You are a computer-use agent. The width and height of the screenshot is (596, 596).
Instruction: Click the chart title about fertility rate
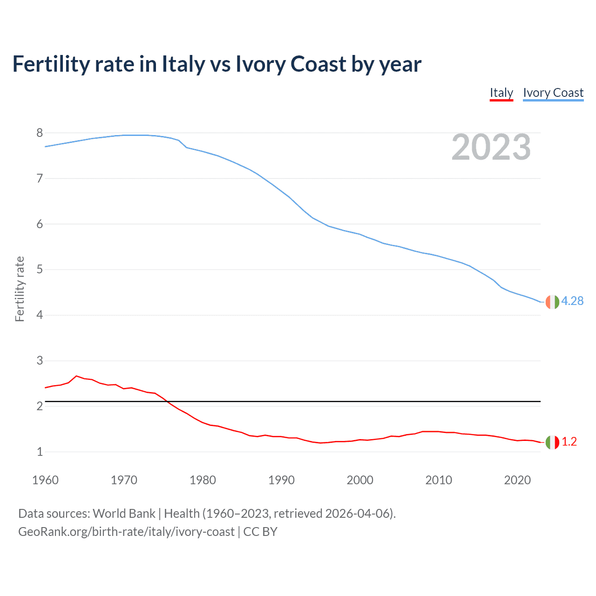pos(217,64)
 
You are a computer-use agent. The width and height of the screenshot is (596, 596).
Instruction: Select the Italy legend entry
pos(501,93)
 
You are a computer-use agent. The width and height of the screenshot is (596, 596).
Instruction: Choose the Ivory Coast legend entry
pos(553,93)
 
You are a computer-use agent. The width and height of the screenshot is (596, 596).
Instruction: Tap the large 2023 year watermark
pos(491,147)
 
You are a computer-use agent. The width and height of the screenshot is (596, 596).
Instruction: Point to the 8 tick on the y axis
pos(40,133)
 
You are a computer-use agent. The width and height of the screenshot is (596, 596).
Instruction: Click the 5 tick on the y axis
pos(40,270)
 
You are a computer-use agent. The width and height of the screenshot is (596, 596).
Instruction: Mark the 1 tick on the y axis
pos(40,452)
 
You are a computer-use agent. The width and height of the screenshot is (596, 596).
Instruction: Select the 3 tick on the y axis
pos(40,361)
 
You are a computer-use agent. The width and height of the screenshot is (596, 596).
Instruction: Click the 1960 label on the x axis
pos(45,480)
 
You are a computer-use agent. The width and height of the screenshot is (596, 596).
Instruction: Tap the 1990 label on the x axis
pos(281,480)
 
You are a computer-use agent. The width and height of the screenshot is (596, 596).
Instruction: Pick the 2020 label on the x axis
pos(517,480)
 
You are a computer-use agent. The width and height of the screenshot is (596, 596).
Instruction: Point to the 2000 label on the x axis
pos(360,480)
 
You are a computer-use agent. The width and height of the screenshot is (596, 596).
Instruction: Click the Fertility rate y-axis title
pos(20,289)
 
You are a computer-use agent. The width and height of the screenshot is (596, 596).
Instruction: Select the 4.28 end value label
pos(572,301)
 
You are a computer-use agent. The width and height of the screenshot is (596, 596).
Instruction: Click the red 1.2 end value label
pos(569,442)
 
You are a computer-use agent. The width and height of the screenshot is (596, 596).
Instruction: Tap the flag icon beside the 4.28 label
pos(552,302)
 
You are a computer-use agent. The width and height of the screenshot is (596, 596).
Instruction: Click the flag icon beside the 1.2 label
pos(552,442)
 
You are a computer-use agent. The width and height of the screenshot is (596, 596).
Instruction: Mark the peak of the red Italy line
pos(76,376)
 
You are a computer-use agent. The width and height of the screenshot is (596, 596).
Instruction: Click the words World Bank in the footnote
pos(124,514)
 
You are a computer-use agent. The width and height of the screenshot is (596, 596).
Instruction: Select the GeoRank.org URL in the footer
pos(126,532)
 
